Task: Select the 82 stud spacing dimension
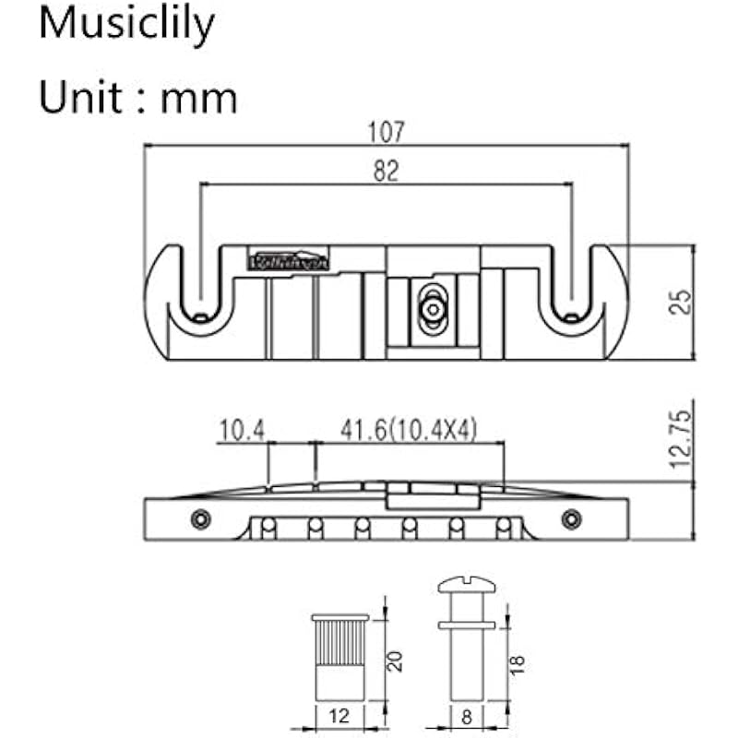pyautogui.click(x=387, y=171)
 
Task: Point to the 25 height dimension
pyautogui.click(x=681, y=301)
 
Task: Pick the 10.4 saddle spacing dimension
pyautogui.click(x=242, y=430)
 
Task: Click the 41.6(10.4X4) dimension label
pyautogui.click(x=409, y=430)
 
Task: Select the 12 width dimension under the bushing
pyautogui.click(x=341, y=715)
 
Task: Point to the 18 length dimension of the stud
pyautogui.click(x=516, y=662)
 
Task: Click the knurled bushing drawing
pyautogui.click(x=341, y=655)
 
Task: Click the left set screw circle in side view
pyautogui.click(x=200, y=518)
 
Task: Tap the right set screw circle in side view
pyautogui.click(x=573, y=518)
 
